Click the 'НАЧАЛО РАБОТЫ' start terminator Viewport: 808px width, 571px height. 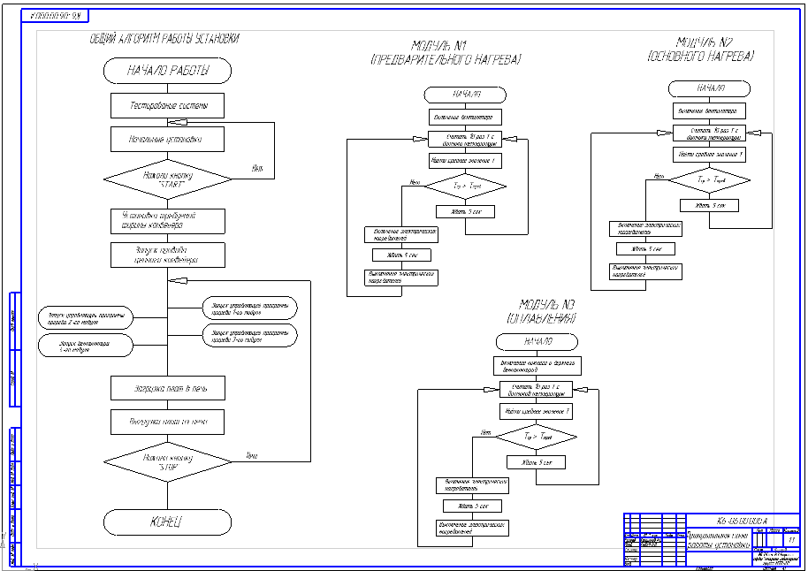tap(167, 71)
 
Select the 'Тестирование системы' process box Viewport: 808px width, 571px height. tap(167, 106)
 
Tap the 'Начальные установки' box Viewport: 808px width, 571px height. tap(167, 140)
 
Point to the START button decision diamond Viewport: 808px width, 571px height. tap(167, 179)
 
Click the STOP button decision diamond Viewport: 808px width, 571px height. tap(167, 461)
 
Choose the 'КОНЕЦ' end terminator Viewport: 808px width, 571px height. tap(167, 521)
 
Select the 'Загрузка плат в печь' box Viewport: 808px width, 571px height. tap(167, 388)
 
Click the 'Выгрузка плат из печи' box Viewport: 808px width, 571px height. tap(167, 422)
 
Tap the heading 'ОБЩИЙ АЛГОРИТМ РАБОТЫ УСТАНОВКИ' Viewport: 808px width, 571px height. tap(164, 39)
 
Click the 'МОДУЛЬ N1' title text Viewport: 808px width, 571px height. tap(445, 46)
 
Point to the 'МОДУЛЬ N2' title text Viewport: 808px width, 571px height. tap(705, 42)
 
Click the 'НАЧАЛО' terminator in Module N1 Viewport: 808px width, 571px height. tap(466, 95)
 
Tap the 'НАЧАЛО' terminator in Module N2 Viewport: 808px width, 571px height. tap(710, 88)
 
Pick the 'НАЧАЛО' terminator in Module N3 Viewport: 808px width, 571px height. tap(537, 342)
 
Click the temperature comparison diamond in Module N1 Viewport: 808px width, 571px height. tap(466, 187)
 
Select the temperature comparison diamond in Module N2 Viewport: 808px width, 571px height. tap(709, 179)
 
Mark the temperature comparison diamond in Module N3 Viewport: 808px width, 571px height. tap(536, 437)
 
